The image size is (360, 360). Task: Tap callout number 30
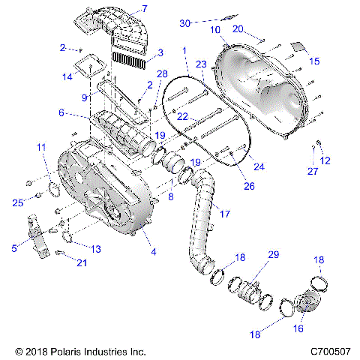click(185, 23)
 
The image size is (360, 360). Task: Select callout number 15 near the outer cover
click(314, 61)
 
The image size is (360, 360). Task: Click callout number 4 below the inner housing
click(153, 252)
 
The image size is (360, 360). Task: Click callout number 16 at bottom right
click(298, 328)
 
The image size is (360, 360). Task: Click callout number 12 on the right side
click(325, 160)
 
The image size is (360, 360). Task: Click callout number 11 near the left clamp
click(41, 148)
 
